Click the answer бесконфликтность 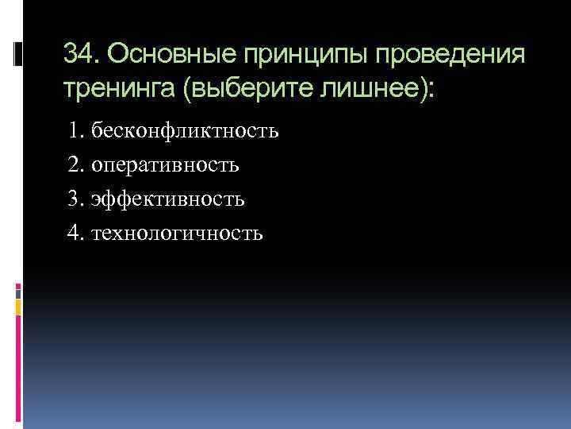185,130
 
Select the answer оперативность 166,164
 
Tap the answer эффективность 168,199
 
